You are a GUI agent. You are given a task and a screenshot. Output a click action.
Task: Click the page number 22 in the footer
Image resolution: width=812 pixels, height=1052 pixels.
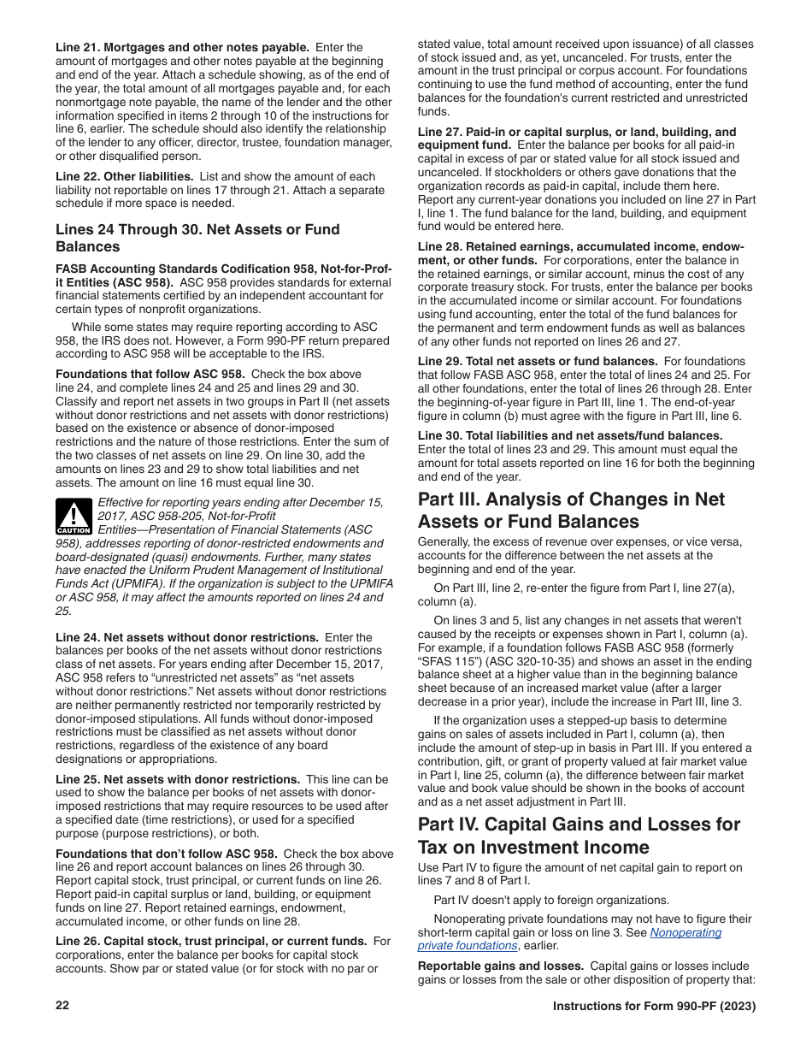tap(62, 1006)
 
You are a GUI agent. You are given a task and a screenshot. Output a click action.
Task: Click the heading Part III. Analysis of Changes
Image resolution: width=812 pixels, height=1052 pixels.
tap(570, 511)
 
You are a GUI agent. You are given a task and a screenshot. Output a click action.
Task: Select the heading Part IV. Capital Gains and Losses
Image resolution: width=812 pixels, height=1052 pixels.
tap(579, 836)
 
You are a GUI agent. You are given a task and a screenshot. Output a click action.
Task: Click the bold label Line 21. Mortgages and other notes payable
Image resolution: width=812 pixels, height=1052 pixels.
tap(182, 47)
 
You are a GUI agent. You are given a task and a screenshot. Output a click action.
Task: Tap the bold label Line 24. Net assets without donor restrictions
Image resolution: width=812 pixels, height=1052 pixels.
tap(187, 637)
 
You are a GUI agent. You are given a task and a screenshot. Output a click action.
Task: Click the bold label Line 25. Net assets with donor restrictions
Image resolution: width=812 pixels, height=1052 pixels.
tap(178, 779)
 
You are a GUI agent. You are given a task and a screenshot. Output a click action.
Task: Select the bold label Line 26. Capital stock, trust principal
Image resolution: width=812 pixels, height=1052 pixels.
tap(211, 941)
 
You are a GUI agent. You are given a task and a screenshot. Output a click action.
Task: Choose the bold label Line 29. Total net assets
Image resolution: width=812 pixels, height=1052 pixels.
tap(538, 361)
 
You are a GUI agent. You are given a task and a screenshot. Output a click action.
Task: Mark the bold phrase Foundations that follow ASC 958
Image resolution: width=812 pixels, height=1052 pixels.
tap(150, 374)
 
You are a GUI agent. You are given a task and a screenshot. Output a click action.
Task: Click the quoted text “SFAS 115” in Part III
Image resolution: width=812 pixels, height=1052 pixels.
tap(447, 660)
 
